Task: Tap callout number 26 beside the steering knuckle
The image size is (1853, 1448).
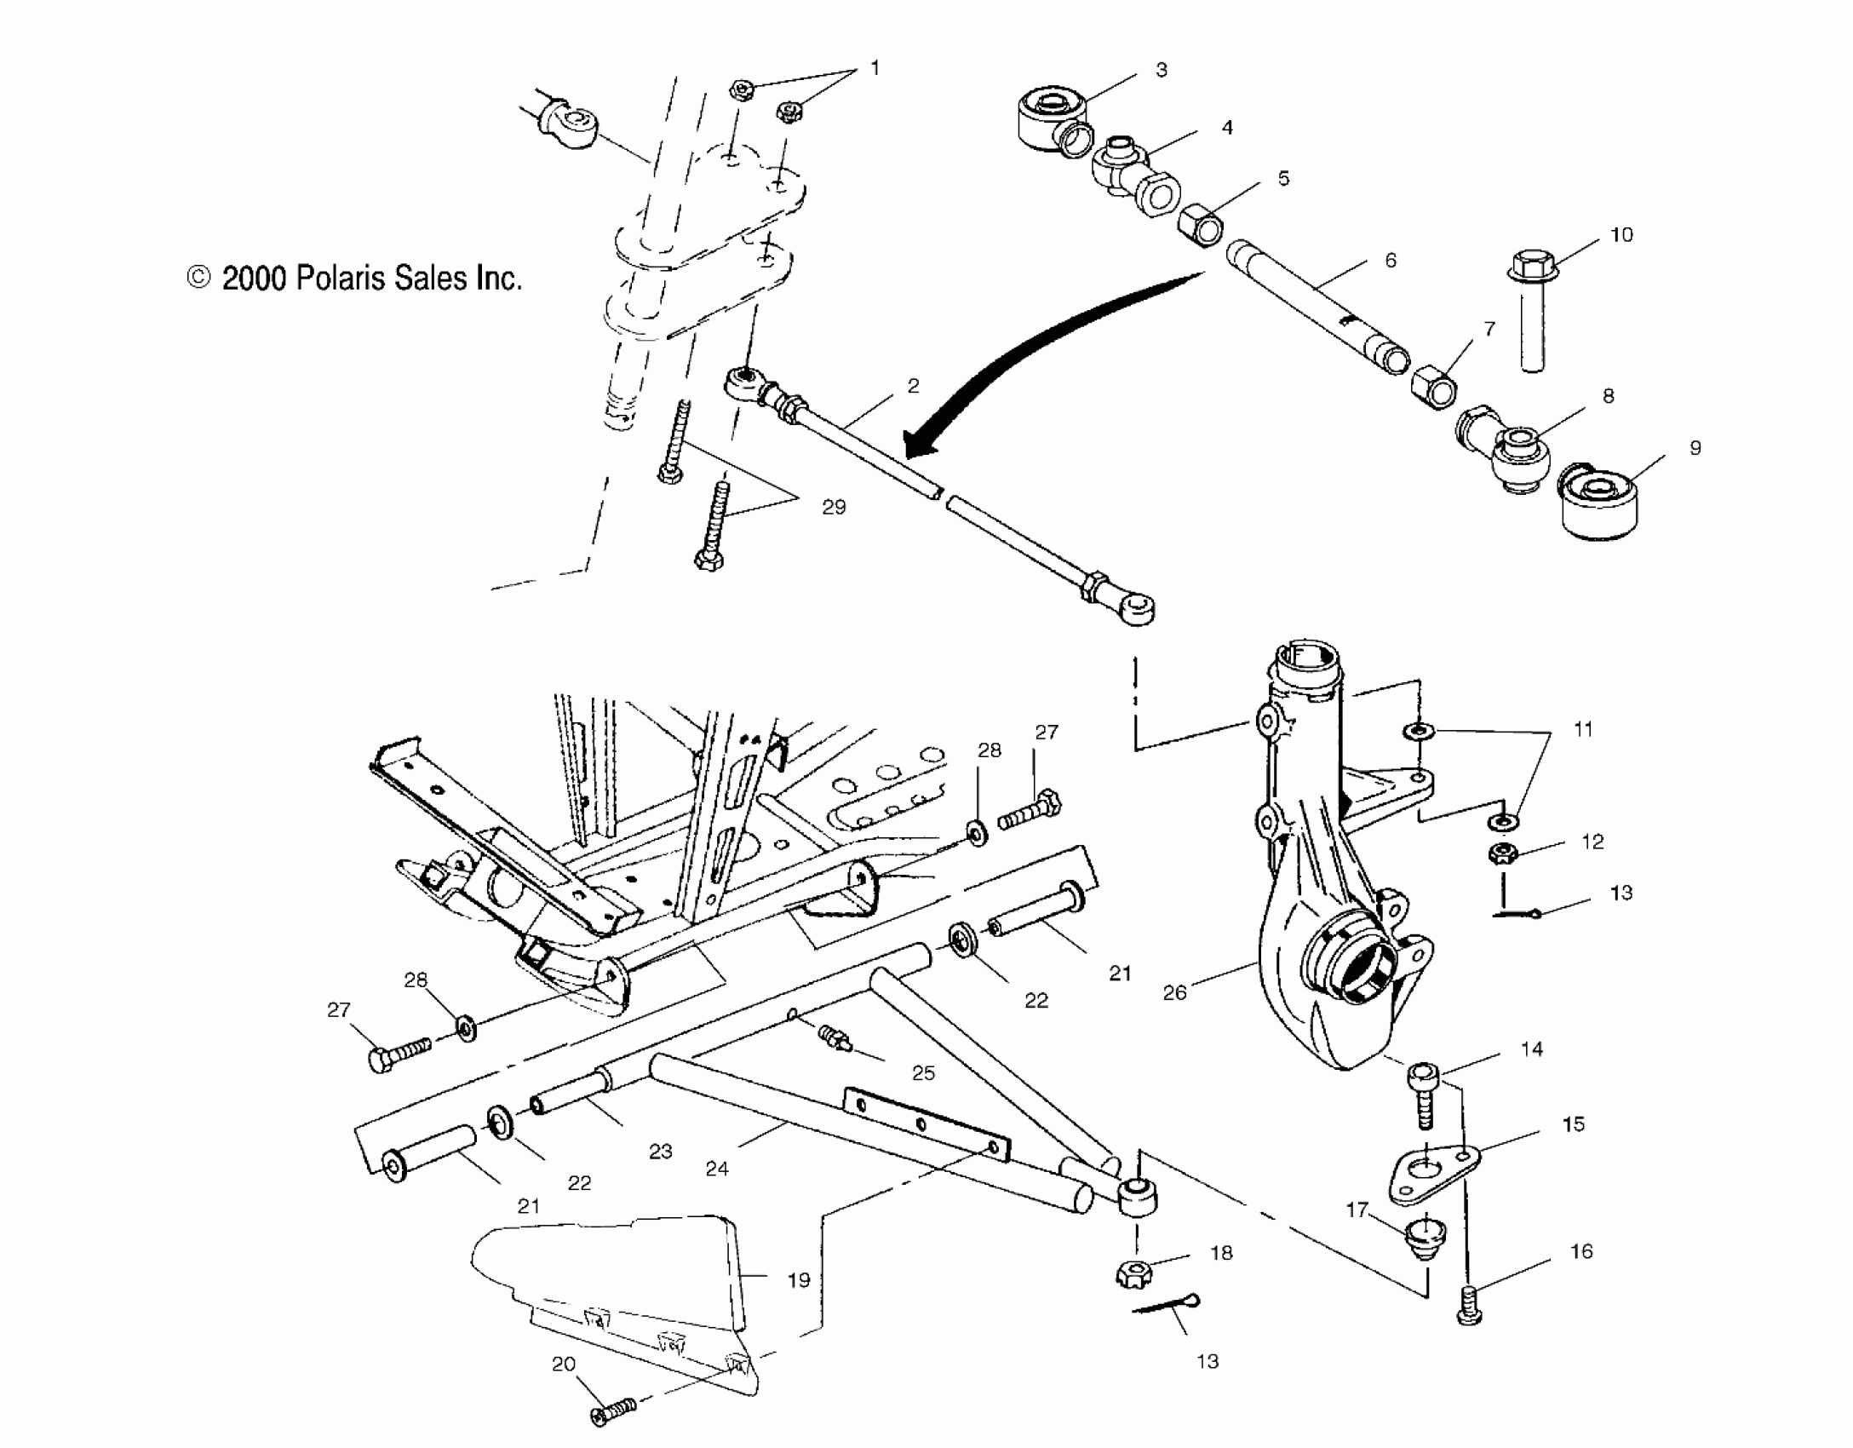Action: (x=1174, y=992)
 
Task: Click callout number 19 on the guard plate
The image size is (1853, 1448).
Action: (x=798, y=1280)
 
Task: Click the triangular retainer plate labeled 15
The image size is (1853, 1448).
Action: (x=1435, y=1174)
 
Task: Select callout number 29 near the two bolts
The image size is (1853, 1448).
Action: (x=834, y=507)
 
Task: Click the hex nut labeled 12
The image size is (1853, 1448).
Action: (x=1503, y=853)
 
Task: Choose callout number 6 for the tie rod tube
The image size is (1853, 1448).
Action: (x=1391, y=260)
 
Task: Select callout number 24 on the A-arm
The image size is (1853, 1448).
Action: (x=717, y=1169)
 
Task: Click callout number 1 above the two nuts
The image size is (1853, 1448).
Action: (x=875, y=68)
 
